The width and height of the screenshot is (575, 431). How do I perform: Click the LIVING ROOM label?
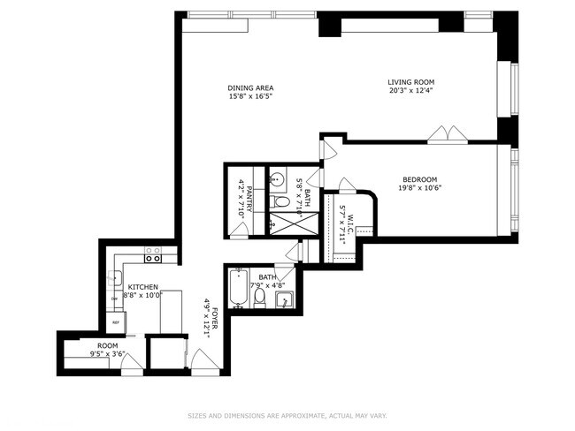tap(411, 81)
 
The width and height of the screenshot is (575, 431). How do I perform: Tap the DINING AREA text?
tap(250, 87)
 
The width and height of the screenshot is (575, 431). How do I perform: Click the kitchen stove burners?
tap(153, 255)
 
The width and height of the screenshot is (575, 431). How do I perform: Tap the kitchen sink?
tap(114, 279)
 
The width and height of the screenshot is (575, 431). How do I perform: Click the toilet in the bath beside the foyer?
tap(260, 297)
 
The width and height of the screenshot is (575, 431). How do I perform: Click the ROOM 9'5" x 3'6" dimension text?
tap(107, 353)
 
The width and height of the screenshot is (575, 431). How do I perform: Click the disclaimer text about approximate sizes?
tap(287, 415)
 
